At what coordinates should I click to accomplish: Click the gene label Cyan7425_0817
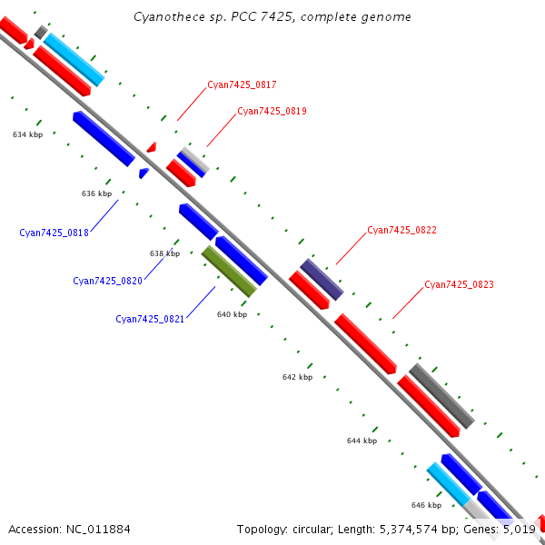point(242,85)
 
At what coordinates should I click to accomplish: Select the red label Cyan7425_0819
point(272,112)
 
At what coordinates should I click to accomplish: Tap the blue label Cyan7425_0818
point(54,233)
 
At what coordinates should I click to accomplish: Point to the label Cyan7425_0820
point(107,282)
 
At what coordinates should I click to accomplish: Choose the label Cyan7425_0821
point(150,320)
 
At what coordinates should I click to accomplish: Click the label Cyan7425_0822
point(401,231)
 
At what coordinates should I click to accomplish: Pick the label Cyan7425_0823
point(459,285)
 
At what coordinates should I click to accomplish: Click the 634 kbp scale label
point(27,134)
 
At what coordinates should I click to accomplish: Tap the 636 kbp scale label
point(96,193)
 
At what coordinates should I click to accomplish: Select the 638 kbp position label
point(164,253)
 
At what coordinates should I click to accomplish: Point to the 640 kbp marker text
point(232,314)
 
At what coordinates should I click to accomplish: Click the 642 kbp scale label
point(297,377)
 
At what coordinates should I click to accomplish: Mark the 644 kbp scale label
point(362,441)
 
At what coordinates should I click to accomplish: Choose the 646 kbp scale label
point(426,505)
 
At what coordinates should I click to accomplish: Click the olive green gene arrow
point(229,271)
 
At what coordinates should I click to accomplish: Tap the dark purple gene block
point(322,279)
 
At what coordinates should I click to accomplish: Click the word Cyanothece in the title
point(165,16)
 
